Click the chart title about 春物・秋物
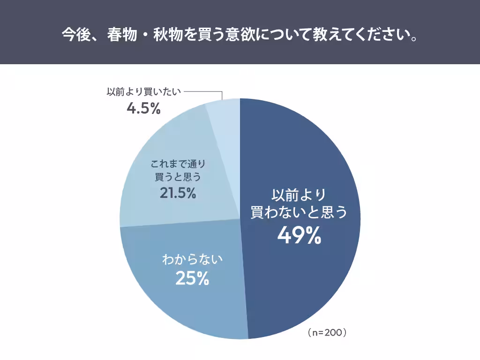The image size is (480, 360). coord(240,36)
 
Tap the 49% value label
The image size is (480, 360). coord(299,236)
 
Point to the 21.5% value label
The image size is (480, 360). coord(178,193)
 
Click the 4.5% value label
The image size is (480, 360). coord(144,109)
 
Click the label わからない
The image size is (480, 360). coord(192,259)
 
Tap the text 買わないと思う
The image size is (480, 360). coord(299,212)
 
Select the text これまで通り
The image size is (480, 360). coord(178,164)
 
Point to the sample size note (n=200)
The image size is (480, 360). coord(327,333)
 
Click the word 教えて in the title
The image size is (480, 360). coord(329,36)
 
